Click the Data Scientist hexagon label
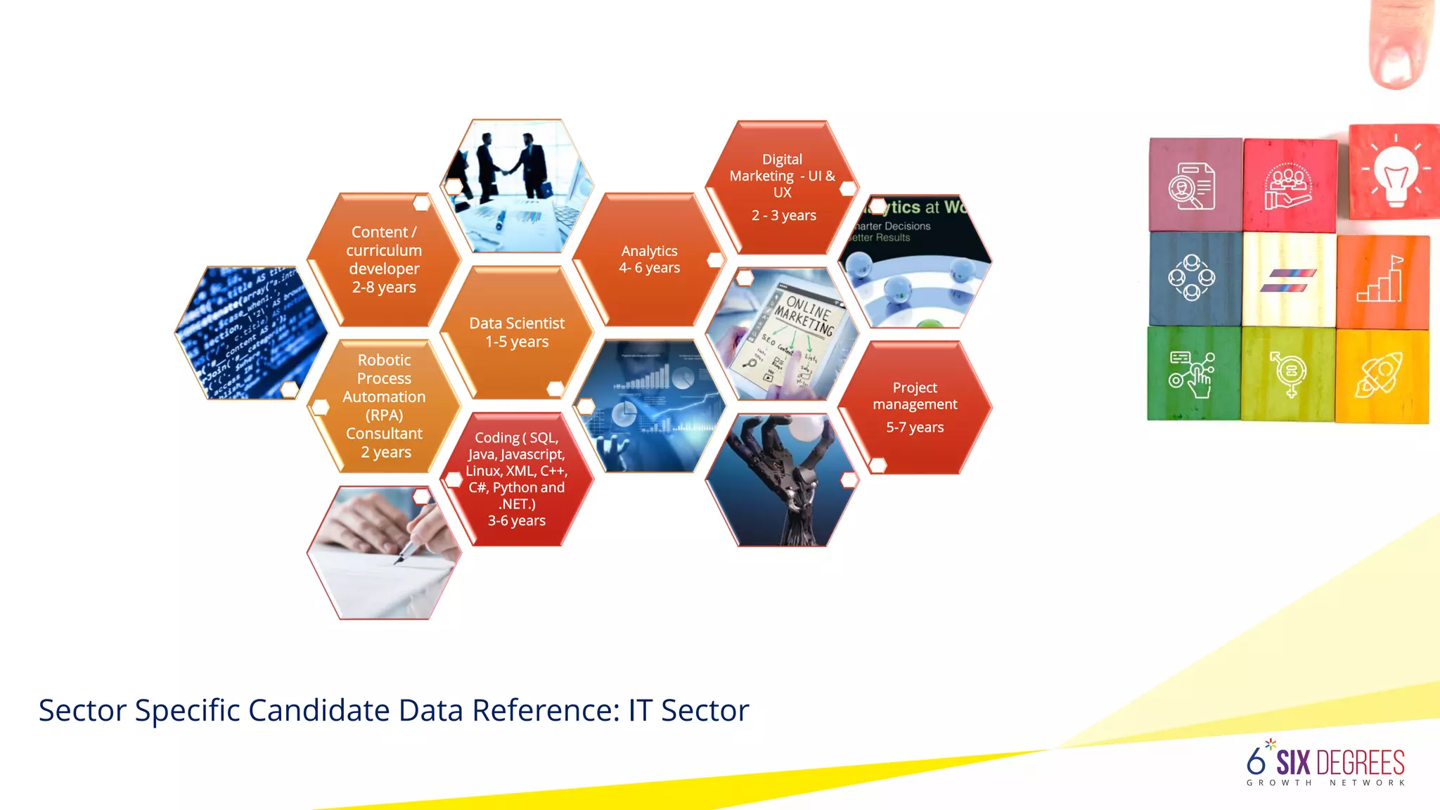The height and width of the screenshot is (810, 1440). tap(517, 333)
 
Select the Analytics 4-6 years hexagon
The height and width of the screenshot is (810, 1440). tap(649, 259)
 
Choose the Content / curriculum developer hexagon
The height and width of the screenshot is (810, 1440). tap(384, 259)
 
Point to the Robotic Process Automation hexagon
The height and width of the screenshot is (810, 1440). tap(384, 406)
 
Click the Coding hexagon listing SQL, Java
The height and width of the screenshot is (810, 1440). tap(517, 479)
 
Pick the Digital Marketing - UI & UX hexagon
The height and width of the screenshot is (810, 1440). tap(783, 186)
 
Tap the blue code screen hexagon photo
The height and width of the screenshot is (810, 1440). tap(251, 333)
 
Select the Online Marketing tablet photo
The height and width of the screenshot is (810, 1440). tap(783, 333)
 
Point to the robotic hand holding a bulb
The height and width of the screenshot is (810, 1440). tap(783, 479)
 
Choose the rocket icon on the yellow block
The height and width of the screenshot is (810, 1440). tap(1380, 374)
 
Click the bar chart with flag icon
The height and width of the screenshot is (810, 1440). tap(1381, 281)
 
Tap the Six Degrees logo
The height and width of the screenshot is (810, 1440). tap(1325, 764)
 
